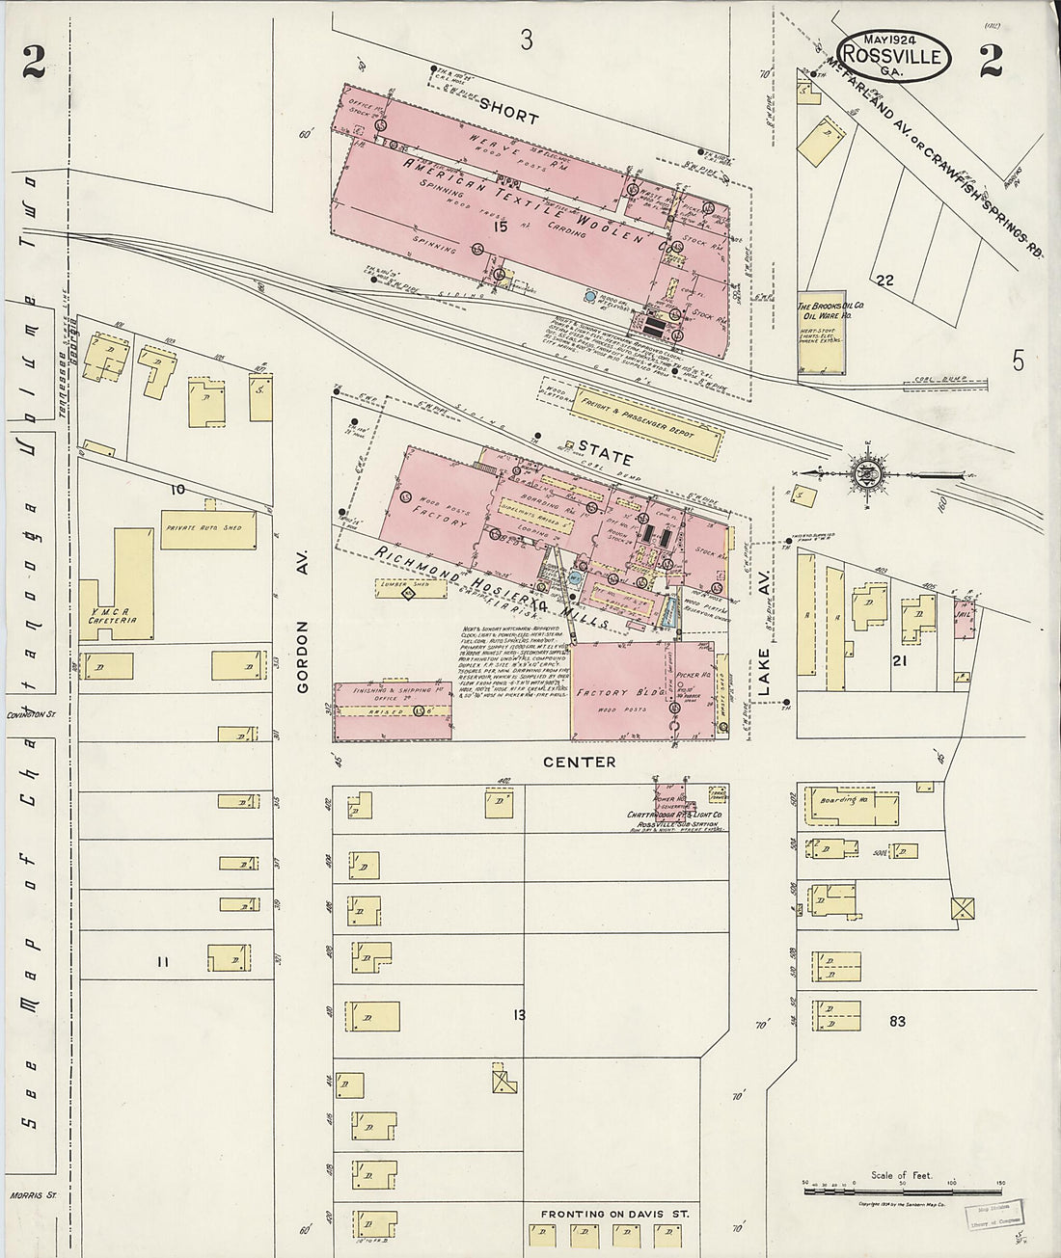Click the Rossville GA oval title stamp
(893, 55)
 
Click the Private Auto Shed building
(207, 529)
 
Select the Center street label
(579, 762)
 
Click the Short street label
(508, 114)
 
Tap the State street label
(605, 458)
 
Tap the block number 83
(897, 1021)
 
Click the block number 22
(884, 281)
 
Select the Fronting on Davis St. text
(613, 1214)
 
